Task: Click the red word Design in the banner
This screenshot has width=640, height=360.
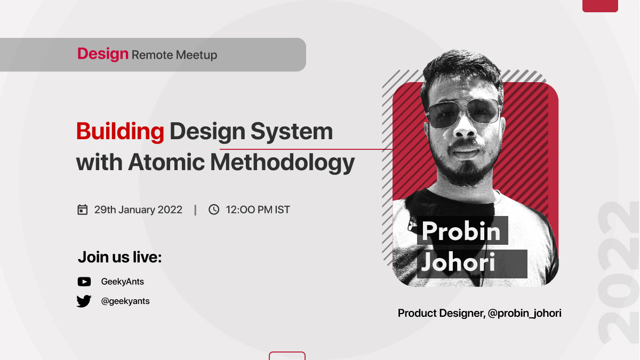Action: click(x=103, y=54)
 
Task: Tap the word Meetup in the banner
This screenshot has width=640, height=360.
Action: click(x=196, y=55)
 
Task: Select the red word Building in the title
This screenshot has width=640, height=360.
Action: click(x=120, y=131)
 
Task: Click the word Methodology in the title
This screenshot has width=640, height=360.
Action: click(x=283, y=163)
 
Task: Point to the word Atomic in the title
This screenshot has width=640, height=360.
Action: click(x=166, y=162)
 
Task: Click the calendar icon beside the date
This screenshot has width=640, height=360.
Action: click(x=82, y=210)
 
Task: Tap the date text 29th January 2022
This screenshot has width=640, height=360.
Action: click(x=138, y=210)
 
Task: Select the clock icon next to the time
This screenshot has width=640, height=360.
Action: click(x=214, y=210)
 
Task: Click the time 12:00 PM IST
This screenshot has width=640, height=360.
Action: click(x=258, y=210)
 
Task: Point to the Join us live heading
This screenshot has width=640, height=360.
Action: click(x=119, y=257)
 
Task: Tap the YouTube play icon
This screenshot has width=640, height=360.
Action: click(x=84, y=282)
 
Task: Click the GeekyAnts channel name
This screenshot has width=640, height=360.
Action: click(x=123, y=282)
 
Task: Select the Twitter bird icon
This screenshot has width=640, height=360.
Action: click(x=84, y=301)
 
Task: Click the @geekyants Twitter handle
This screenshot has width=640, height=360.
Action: click(x=125, y=301)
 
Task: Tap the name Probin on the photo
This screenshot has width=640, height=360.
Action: click(x=461, y=231)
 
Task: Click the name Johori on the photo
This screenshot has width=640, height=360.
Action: click(x=458, y=262)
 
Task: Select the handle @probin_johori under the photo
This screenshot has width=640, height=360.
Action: click(x=525, y=314)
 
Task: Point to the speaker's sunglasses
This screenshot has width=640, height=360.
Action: click(x=463, y=113)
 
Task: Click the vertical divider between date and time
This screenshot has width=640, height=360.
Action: click(x=195, y=210)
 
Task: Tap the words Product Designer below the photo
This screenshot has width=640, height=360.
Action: click(x=442, y=314)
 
